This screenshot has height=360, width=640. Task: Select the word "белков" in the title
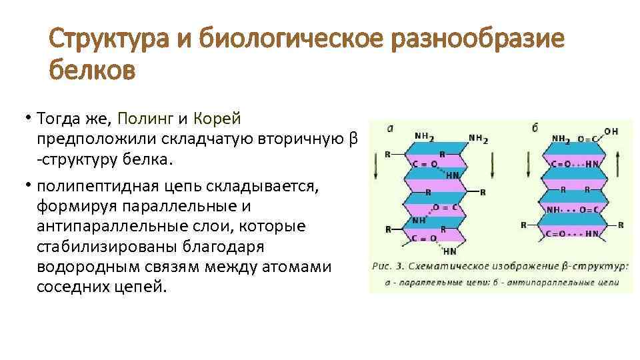92,68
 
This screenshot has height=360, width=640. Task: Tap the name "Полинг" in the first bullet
145,119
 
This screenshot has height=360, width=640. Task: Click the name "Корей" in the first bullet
217,119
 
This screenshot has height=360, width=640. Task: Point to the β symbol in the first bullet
353,139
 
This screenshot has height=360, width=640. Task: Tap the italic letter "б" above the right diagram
535,127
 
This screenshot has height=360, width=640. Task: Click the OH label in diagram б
611,131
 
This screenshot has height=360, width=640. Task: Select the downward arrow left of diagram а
375,164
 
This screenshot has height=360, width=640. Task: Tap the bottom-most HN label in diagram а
451,251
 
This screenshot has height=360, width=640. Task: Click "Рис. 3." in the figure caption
388,266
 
